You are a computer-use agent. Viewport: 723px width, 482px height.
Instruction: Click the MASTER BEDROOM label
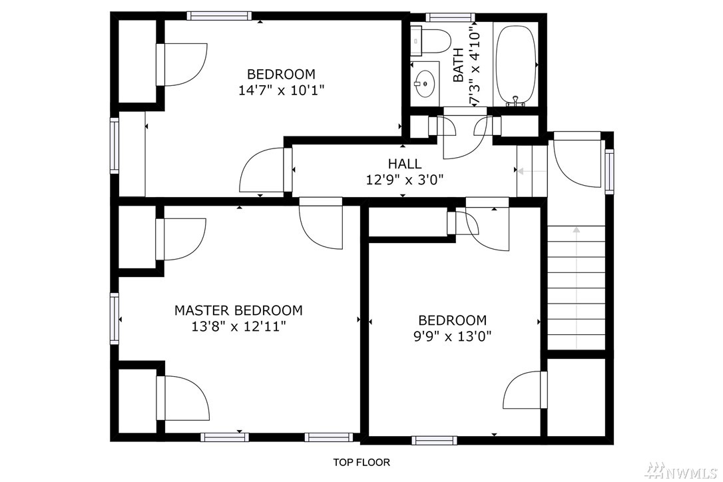[x=238, y=310]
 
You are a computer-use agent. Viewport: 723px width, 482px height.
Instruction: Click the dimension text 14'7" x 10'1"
[x=281, y=91]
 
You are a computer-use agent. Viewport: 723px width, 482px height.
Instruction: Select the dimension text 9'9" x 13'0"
[x=452, y=336]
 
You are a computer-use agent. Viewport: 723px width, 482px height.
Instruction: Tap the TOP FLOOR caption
[x=361, y=462]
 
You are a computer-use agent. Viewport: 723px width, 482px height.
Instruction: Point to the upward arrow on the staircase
[x=577, y=288]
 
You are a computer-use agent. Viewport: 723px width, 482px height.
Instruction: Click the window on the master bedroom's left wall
[x=114, y=318]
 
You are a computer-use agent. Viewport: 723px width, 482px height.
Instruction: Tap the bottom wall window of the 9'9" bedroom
[x=434, y=441]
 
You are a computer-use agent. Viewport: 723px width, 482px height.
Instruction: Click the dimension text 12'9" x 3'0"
[x=404, y=180]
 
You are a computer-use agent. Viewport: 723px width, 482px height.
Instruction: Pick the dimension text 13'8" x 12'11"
[x=238, y=327]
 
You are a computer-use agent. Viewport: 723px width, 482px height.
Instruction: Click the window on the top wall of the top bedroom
[x=220, y=16]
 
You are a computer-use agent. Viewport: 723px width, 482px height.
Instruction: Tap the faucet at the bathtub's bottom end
[x=516, y=101]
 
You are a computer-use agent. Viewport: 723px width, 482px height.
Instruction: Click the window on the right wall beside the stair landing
[x=610, y=171]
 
